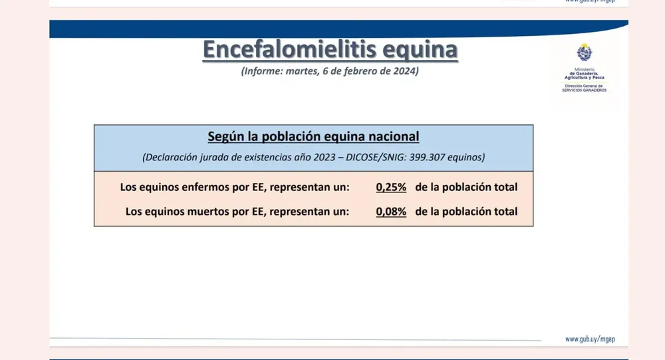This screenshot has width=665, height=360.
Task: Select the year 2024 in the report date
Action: (x=404, y=71)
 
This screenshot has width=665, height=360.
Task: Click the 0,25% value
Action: (x=391, y=187)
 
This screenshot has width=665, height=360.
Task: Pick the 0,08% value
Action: (x=391, y=212)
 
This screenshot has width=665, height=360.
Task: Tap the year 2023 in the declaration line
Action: (x=325, y=157)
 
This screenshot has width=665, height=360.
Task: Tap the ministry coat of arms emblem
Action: (x=585, y=53)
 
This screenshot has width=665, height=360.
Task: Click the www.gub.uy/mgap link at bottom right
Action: (x=590, y=339)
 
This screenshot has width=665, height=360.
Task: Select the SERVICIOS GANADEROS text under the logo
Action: (x=585, y=90)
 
